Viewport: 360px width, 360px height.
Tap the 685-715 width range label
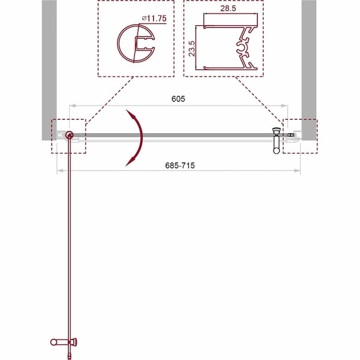178,166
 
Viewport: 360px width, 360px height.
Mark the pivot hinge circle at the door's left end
70,136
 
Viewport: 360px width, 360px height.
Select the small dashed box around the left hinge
70,136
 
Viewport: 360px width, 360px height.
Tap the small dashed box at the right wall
300,136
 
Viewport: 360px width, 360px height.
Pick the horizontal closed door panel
174,136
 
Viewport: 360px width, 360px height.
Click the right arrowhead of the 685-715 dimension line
299,172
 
